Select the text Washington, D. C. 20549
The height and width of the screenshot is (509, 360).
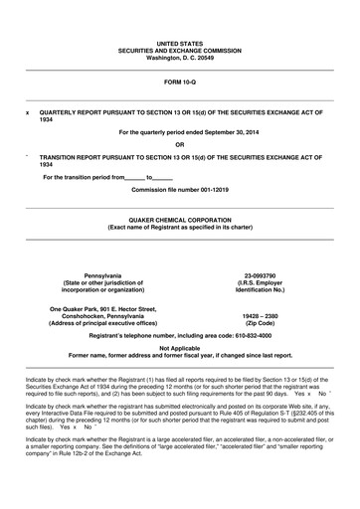pos(180,59)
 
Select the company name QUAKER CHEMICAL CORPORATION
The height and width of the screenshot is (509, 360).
pos(180,218)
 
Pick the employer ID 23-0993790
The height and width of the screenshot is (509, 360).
pos(260,275)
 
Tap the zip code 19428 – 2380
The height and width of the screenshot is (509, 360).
pos(260,317)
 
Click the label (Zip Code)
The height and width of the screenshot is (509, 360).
pos(260,325)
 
